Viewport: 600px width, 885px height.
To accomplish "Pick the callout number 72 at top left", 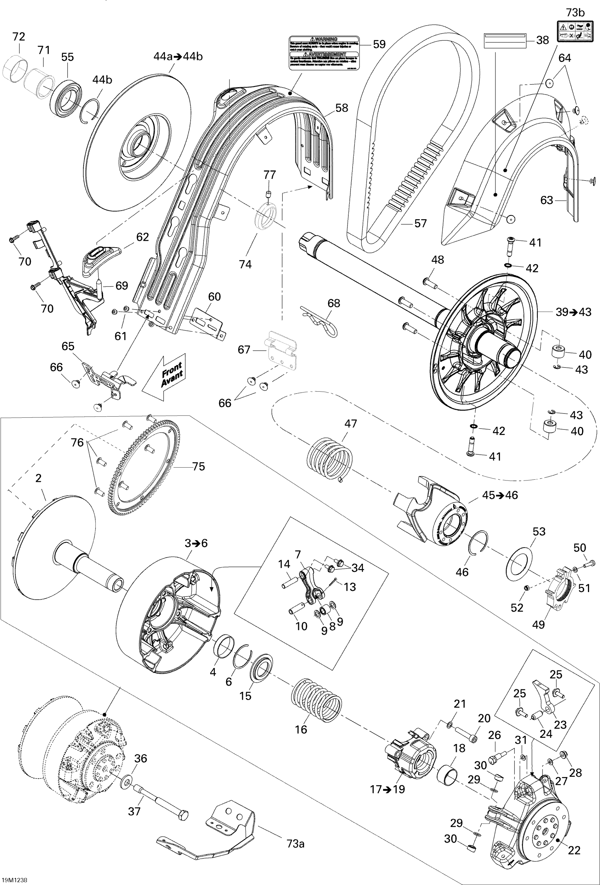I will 19,37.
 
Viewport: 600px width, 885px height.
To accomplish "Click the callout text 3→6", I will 196,543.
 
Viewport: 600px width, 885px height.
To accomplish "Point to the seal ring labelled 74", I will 265,217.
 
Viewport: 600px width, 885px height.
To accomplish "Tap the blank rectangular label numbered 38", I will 505,40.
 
